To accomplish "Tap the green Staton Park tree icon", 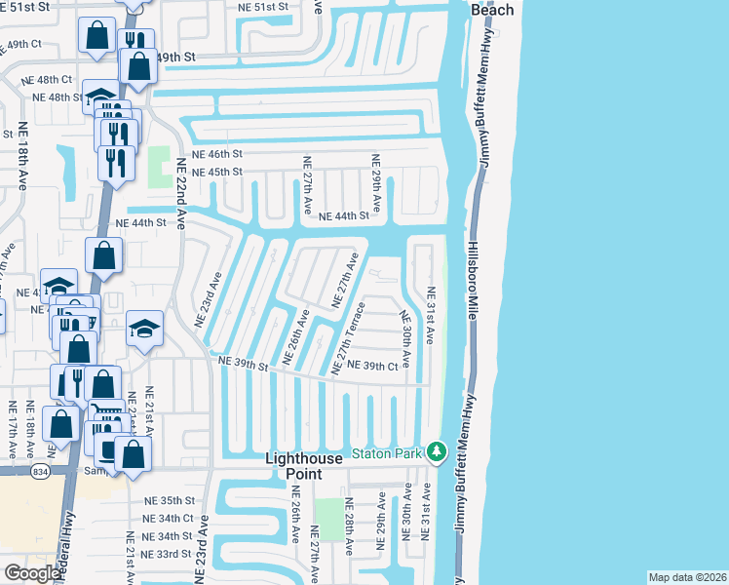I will tap(438, 451).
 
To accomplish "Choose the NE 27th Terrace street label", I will tap(349, 337).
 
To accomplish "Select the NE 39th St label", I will tap(243, 362).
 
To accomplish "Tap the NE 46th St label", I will tap(216, 154).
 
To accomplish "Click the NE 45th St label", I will tap(216, 173).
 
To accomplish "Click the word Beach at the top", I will tap(492, 10).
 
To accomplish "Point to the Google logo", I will tap(33, 573).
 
